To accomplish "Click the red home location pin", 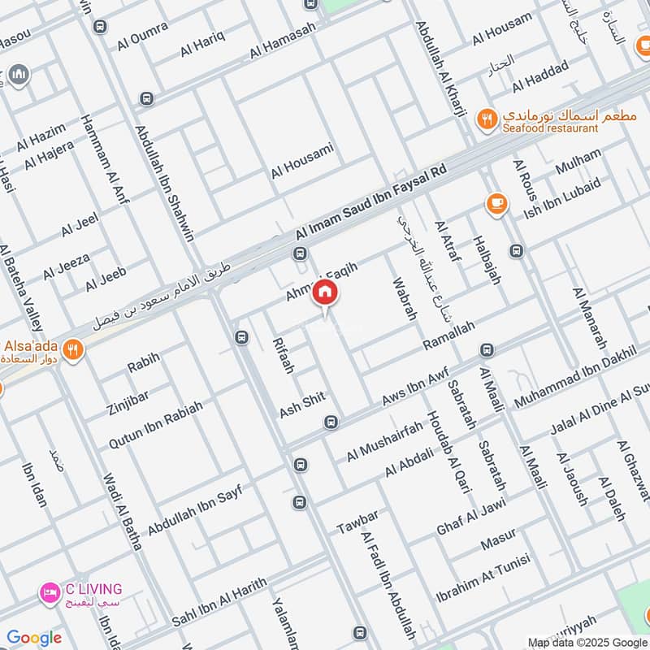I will (x=324, y=292).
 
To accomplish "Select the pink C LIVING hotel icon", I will (x=50, y=594).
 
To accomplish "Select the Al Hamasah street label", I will (x=283, y=40).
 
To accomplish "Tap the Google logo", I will (x=34, y=638).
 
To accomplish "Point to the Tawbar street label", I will (x=358, y=523).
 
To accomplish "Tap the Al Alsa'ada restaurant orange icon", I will (x=73, y=350).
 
